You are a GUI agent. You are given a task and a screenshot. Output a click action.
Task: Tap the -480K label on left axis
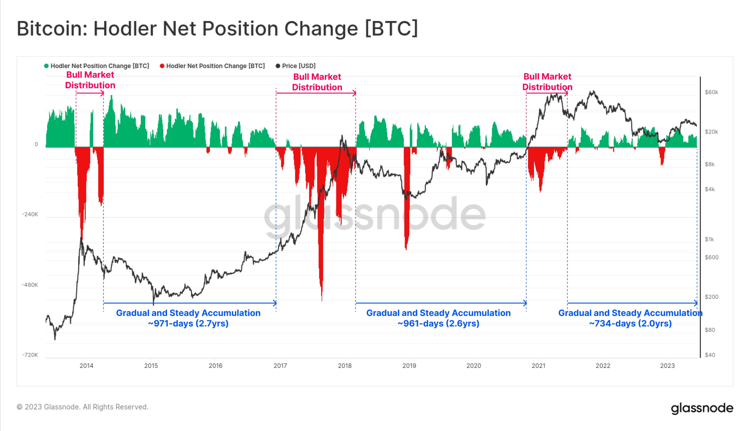tap(30, 285)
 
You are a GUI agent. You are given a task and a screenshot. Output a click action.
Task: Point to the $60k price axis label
tap(711, 92)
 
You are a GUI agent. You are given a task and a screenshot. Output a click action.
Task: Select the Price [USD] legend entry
tap(298, 66)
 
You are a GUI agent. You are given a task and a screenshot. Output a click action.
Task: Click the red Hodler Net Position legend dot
tap(162, 66)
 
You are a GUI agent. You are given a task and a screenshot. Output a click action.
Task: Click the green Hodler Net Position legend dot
tap(46, 66)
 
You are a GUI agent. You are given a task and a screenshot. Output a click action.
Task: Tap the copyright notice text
tap(82, 407)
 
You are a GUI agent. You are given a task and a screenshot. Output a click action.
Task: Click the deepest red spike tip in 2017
tap(322, 300)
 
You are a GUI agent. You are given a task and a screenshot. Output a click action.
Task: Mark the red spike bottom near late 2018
tap(406, 249)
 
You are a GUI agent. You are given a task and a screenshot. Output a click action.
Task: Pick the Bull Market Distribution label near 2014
tap(90, 80)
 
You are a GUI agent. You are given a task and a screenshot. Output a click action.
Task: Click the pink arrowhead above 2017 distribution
tap(354, 93)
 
